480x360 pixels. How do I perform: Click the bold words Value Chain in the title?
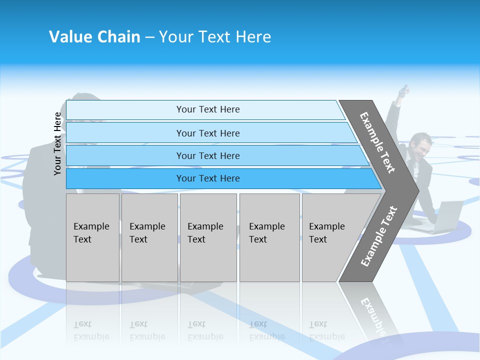(x=94, y=37)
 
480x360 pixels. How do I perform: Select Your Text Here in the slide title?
(x=215, y=37)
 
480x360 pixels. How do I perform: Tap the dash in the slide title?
(x=149, y=37)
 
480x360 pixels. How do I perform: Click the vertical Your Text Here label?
(x=57, y=143)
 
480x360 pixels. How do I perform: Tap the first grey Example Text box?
(x=92, y=237)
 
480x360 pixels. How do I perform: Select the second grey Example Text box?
(x=149, y=237)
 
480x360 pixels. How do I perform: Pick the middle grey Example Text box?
(x=208, y=237)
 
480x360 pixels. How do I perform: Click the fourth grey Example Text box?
(x=269, y=237)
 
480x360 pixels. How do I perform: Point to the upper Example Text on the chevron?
(x=377, y=142)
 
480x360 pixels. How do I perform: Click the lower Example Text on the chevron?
(x=379, y=236)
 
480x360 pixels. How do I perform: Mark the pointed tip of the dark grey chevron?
(x=417, y=190)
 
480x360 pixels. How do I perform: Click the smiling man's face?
(x=419, y=145)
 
